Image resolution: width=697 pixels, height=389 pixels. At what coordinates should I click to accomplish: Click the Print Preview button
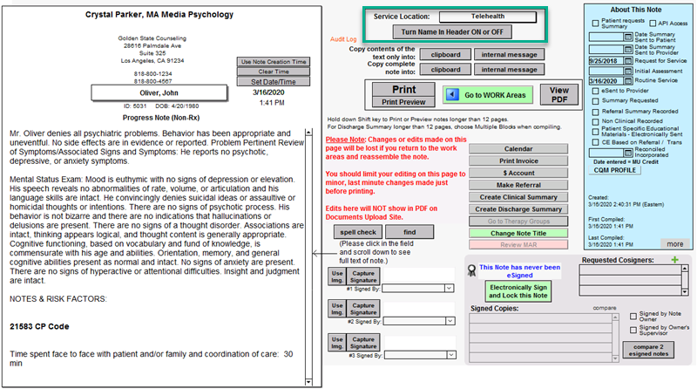pos(403,102)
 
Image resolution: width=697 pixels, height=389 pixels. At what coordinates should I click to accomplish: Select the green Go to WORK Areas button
pos(488,94)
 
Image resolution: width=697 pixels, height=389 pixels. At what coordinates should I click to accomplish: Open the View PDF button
pos(558,94)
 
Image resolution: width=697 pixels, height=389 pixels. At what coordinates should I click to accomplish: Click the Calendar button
pos(518,148)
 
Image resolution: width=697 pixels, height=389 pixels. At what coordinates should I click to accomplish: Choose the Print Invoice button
pos(518,160)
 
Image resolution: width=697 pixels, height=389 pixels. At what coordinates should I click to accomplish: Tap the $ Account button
pos(518,173)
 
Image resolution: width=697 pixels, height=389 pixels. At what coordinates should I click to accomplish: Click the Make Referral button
pos(518,185)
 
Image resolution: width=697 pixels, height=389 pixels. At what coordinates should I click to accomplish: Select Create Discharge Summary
pos(518,209)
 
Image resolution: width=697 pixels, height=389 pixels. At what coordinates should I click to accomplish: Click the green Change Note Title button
pos(518,234)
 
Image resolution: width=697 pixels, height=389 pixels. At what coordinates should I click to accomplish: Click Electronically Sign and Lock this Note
pos(517,290)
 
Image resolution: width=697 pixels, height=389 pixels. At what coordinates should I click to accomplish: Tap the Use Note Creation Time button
pos(274,62)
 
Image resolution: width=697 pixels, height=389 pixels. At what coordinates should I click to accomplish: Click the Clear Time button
pos(274,72)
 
